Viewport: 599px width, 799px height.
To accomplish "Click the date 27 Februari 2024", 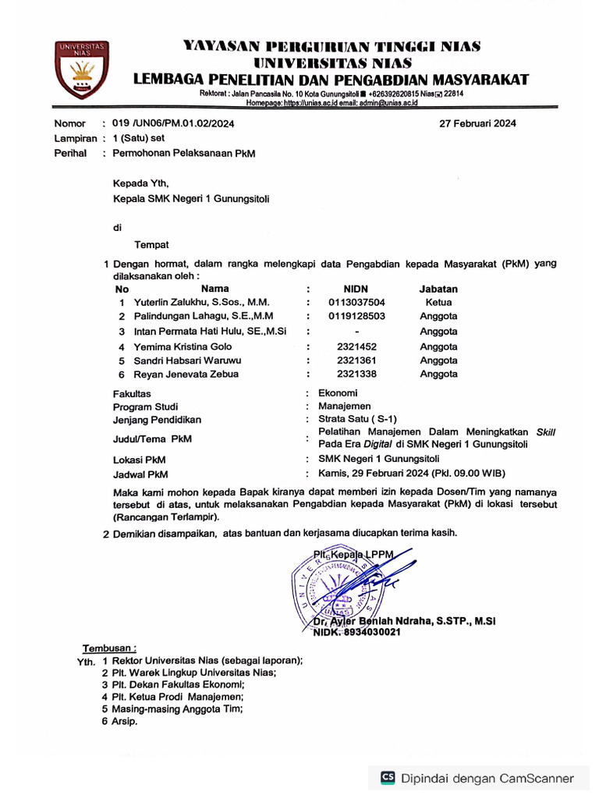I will click(477, 123).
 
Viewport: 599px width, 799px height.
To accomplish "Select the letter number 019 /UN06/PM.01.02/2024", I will click(173, 123).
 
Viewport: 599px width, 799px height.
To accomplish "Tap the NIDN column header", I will click(355, 289).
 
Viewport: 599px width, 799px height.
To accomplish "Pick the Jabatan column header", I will click(438, 289).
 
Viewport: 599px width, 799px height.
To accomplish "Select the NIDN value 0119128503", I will click(356, 316).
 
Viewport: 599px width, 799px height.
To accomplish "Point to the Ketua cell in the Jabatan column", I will click(438, 302).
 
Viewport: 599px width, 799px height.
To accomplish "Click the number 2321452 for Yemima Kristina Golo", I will click(356, 346).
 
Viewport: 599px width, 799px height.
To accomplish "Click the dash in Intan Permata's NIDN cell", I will click(356, 332).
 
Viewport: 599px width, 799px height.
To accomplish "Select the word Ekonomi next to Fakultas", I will click(338, 393).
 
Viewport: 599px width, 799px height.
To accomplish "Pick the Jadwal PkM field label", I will click(140, 474).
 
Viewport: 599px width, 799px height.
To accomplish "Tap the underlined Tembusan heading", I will click(110, 648).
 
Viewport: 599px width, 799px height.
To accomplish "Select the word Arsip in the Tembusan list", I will click(125, 722).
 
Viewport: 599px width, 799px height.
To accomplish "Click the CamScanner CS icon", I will click(388, 777).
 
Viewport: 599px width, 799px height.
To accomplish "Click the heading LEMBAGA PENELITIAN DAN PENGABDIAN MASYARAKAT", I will click(331, 79).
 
